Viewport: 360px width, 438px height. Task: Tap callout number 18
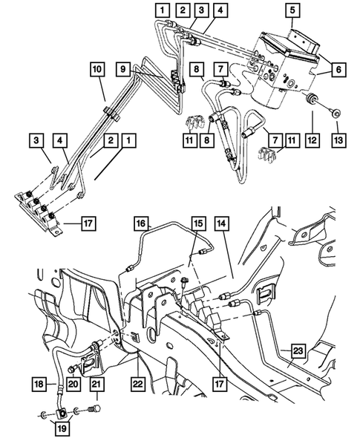[39, 385]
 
